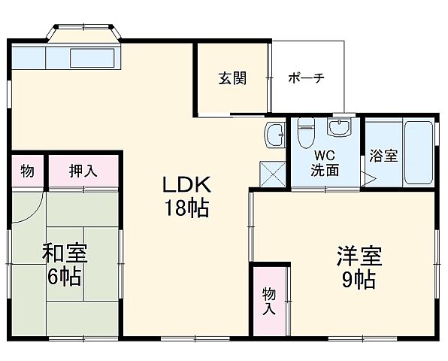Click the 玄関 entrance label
pos(232,78)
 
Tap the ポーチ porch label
pos(307,78)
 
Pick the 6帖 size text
pos(65,278)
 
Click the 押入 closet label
pos(83,171)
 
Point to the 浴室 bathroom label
pos(383,156)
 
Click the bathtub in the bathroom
pos(419,153)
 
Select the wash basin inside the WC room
pos(342,130)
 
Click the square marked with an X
pos(272,174)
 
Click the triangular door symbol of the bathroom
pos(368,178)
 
